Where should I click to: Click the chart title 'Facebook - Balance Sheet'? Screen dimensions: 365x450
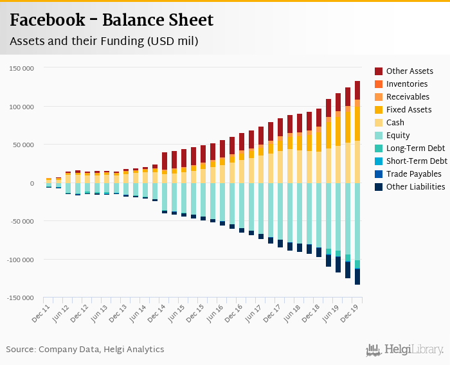pyautogui.click(x=111, y=20)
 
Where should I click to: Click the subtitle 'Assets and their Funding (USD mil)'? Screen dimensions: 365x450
pyautogui.click(x=104, y=42)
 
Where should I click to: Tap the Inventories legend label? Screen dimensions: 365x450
pyautogui.click(x=407, y=84)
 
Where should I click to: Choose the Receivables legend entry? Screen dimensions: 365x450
pyautogui.click(x=408, y=97)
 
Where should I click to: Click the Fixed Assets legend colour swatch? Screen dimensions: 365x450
pyautogui.click(x=379, y=110)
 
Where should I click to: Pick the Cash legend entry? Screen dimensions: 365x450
pyautogui.click(x=396, y=123)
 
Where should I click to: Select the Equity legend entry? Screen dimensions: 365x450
pyautogui.click(x=398, y=136)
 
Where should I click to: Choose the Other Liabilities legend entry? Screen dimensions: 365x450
pyautogui.click(x=415, y=187)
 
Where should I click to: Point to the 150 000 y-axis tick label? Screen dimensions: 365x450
pyautogui.click(x=22, y=68)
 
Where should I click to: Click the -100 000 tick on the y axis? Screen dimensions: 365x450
pyautogui.click(x=21, y=260)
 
